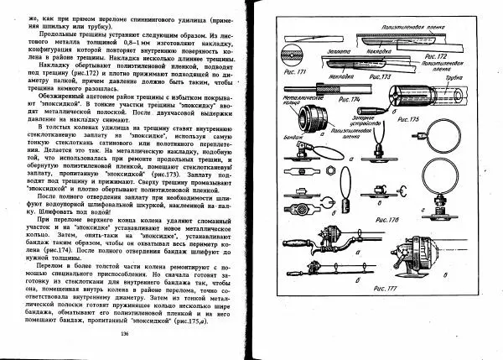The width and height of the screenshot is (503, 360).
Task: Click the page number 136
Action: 124,336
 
